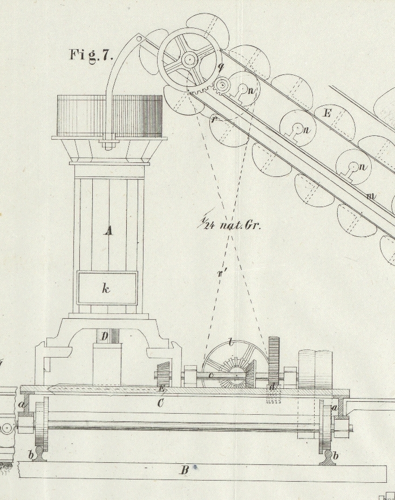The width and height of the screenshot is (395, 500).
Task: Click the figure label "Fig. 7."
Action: [91, 54]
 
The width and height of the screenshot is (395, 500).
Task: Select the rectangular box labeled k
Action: [107, 288]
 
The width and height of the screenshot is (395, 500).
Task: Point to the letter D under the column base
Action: [105, 337]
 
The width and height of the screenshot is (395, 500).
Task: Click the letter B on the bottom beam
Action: [184, 470]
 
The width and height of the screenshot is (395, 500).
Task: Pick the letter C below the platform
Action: [160, 402]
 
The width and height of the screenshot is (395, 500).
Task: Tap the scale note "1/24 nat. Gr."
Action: [229, 224]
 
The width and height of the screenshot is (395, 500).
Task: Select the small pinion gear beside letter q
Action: [222, 85]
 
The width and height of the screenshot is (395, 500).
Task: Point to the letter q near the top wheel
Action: [221, 67]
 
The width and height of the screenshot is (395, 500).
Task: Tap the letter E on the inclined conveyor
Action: [326, 113]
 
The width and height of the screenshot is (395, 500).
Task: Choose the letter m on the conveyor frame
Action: [371, 196]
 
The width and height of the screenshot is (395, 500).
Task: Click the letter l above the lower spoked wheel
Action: [230, 343]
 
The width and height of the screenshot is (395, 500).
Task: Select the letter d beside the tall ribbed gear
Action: [273, 387]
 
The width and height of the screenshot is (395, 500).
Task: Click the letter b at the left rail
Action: [31, 455]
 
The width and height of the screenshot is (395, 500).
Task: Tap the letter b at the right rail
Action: [335, 456]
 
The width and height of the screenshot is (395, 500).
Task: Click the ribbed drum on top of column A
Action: [110, 115]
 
